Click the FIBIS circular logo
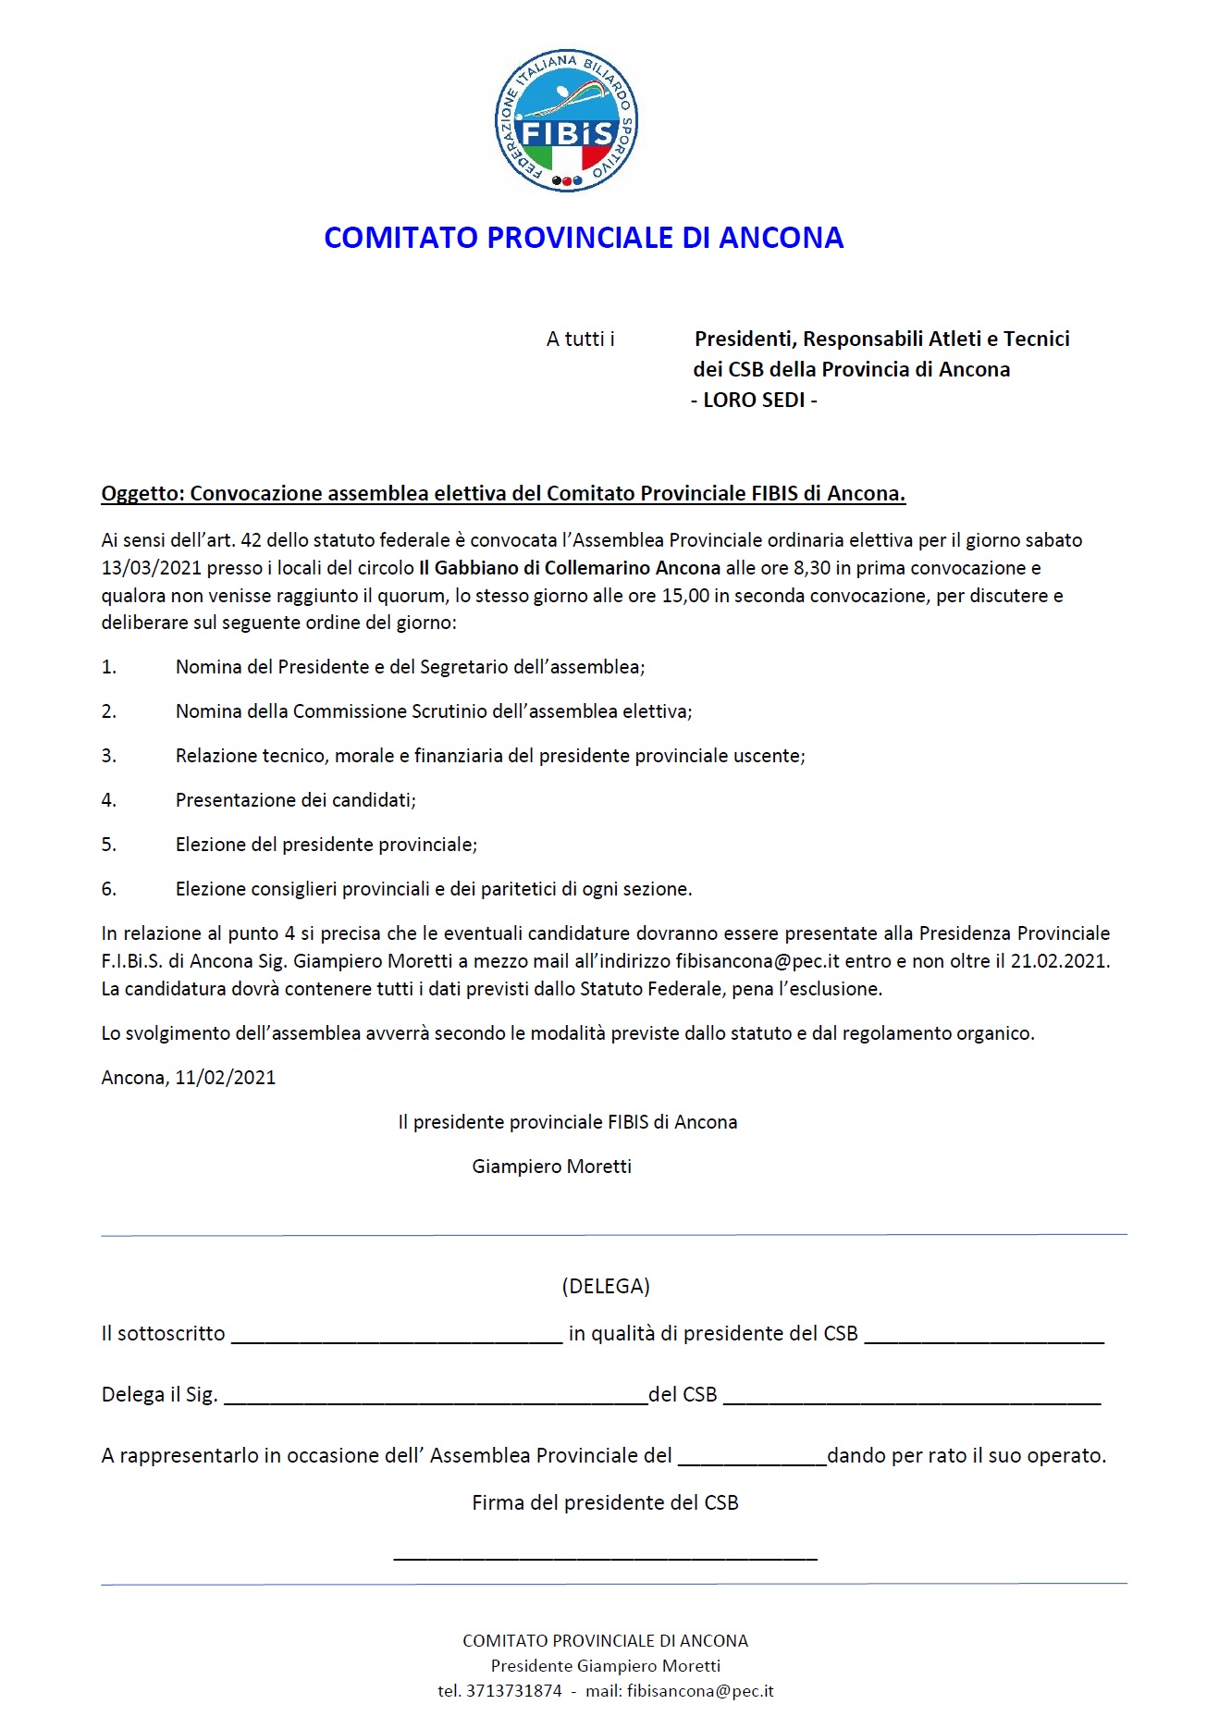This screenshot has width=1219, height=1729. coord(566,121)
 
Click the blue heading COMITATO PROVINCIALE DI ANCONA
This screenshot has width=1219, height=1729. coord(584,238)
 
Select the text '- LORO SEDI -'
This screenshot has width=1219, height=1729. coord(754,401)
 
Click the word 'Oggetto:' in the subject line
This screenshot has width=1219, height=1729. coord(142,494)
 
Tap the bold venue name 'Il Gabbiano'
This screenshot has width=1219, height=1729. coord(469,568)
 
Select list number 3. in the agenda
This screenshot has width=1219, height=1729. coord(109,756)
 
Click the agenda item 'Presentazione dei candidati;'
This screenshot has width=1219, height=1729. coord(295,800)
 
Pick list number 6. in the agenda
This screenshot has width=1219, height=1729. coord(109,889)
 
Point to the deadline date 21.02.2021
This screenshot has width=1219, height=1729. coord(1059,961)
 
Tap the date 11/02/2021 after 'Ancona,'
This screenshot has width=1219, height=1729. coord(225,1078)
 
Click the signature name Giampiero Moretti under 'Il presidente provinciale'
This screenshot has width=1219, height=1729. coord(551,1167)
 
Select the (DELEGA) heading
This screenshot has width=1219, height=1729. coord(606,1286)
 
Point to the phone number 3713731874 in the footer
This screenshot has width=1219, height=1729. coord(513,1691)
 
